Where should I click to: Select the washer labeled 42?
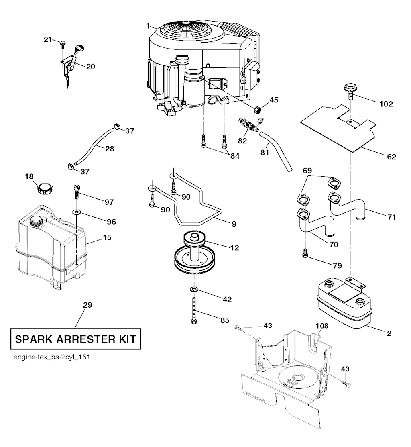pyautogui.click(x=194, y=289)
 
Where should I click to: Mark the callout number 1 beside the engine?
pyautogui.click(x=148, y=26)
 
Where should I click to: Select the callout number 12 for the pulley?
pyautogui.click(x=234, y=248)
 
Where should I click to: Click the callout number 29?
pyautogui.click(x=87, y=305)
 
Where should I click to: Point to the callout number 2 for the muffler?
pyautogui.click(x=389, y=333)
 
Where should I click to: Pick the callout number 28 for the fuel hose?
pyautogui.click(x=110, y=149)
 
